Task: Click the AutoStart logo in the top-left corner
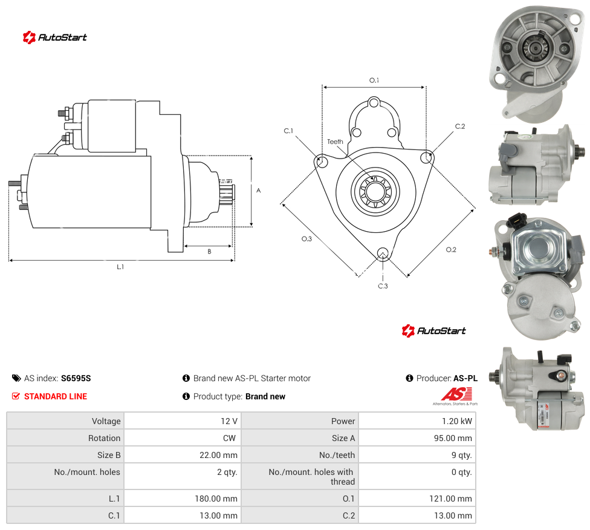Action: [x=54, y=38]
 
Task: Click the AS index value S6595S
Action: [x=76, y=378]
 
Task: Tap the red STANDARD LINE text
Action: [x=56, y=396]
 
